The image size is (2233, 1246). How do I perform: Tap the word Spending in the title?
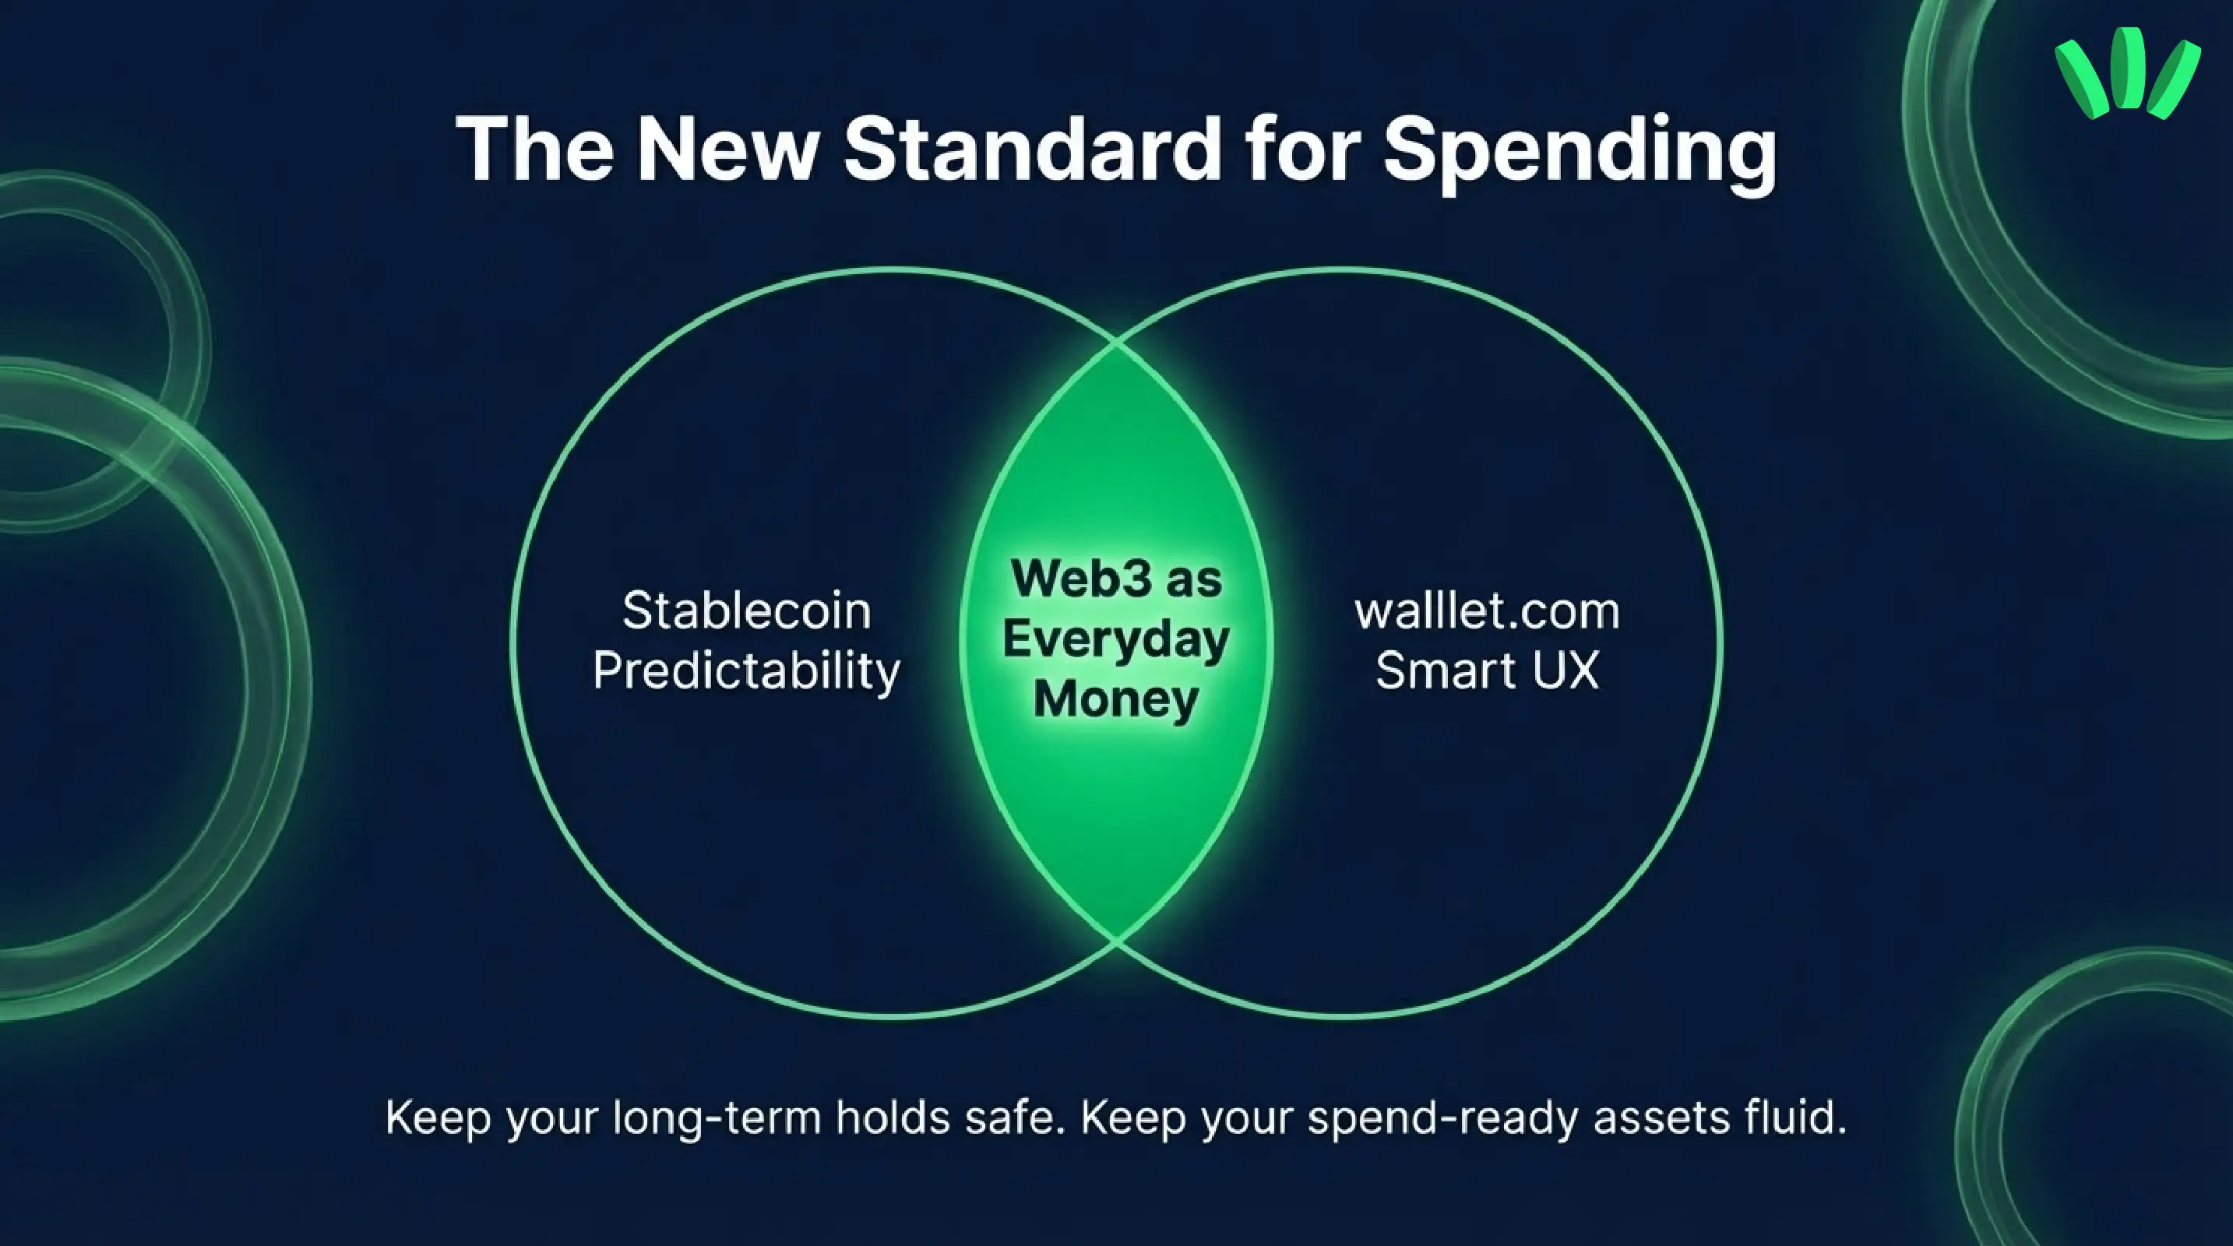[1580, 152]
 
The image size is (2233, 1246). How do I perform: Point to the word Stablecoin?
[746, 611]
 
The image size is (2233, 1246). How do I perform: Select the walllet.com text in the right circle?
[1487, 611]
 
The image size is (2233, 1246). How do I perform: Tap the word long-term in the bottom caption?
[717, 1118]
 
